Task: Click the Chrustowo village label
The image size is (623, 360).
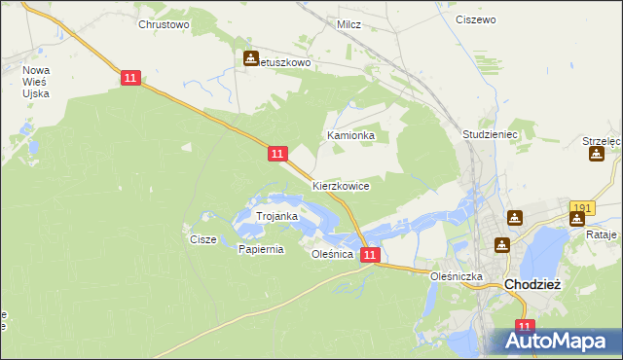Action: click(x=164, y=23)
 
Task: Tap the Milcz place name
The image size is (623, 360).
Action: click(x=348, y=23)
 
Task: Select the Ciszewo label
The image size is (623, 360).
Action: click(x=476, y=18)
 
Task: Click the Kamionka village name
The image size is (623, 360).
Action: click(x=350, y=136)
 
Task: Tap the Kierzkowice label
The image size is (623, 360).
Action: click(x=341, y=186)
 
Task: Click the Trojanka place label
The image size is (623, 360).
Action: click(x=275, y=216)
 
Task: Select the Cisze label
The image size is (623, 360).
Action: click(x=202, y=238)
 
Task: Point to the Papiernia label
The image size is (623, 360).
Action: click(x=261, y=249)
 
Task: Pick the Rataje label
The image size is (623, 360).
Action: click(x=603, y=235)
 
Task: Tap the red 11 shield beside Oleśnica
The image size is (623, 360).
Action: click(x=369, y=254)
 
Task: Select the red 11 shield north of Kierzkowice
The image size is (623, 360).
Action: click(x=277, y=154)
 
